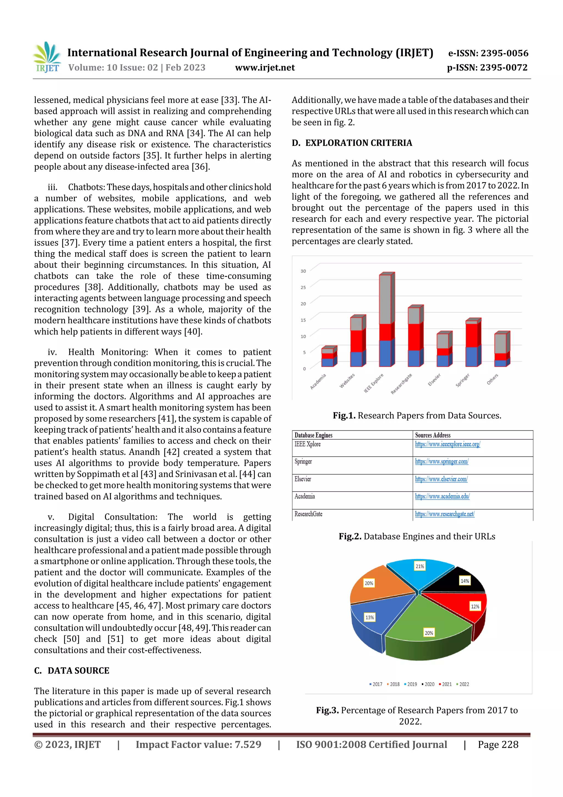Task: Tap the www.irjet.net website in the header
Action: coord(265,68)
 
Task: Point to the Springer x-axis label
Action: coord(462,380)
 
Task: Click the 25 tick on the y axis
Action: coord(303,287)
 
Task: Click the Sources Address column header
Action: coord(433,435)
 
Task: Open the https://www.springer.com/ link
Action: coord(441,461)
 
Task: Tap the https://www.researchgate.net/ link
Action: coord(445,514)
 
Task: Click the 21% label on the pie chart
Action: coord(420,566)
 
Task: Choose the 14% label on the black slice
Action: coord(465,581)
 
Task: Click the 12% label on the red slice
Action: coord(475,606)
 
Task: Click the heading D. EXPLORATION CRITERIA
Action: coord(352,143)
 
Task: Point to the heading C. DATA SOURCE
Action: coord(72,671)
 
